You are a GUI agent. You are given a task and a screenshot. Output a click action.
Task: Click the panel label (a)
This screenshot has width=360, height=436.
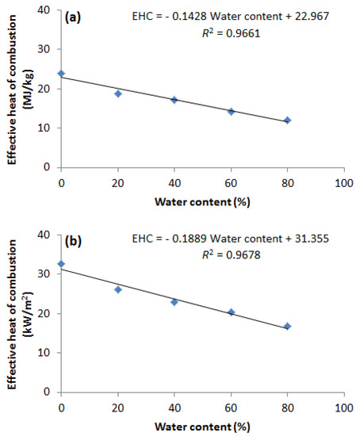point(76,15)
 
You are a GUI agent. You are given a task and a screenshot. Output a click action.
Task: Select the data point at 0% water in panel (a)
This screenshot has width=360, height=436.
point(61,74)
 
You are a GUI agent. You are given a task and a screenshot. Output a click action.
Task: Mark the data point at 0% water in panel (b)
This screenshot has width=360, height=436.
point(61,264)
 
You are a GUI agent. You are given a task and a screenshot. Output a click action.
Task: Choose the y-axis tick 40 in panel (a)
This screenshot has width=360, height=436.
point(48,10)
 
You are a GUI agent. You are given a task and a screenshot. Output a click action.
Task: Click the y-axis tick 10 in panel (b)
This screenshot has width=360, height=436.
point(48,353)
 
